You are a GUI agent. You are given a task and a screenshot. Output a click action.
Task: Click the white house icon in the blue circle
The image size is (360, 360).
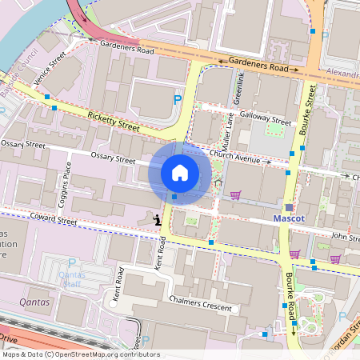(180, 172)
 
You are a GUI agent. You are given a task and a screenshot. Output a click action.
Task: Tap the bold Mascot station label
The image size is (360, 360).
(290, 218)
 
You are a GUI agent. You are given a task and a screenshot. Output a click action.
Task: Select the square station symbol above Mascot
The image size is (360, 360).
(289, 207)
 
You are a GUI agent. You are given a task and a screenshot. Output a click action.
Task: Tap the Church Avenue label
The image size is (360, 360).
(238, 160)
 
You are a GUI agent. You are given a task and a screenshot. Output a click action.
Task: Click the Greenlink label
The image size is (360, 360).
(238, 87)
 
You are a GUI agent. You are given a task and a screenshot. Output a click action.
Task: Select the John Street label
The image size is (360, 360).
(345, 237)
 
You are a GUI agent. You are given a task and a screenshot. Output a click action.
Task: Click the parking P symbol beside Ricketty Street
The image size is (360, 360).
(178, 100)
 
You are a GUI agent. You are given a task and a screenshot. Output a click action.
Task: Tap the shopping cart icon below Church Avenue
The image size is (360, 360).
(235, 194)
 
